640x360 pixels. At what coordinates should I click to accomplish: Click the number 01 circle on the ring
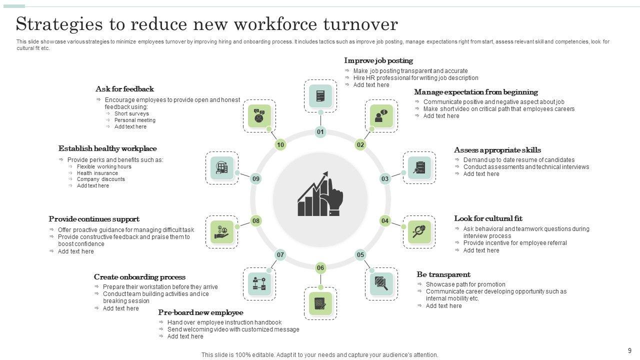click(320, 132)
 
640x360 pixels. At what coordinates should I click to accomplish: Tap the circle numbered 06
click(320, 268)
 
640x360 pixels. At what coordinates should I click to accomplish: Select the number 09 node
click(256, 178)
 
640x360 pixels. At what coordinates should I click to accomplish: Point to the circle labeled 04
click(385, 220)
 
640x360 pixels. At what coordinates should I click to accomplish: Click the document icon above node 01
click(320, 95)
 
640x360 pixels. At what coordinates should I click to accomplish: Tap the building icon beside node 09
click(222, 168)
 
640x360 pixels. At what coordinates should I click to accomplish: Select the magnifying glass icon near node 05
click(381, 283)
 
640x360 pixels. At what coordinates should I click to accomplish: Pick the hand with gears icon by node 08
click(222, 232)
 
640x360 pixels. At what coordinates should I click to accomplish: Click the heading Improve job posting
click(378, 60)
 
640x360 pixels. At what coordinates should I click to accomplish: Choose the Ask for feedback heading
click(124, 89)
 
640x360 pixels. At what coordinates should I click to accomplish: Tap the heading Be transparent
click(443, 274)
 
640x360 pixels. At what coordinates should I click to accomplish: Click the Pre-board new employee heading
click(200, 312)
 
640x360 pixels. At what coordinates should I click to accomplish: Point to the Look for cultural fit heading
click(488, 218)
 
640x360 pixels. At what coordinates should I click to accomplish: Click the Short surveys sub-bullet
click(131, 113)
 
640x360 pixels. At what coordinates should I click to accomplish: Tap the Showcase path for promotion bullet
click(465, 284)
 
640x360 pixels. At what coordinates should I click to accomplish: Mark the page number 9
click(629, 350)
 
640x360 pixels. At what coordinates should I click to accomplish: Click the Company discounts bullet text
click(101, 179)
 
